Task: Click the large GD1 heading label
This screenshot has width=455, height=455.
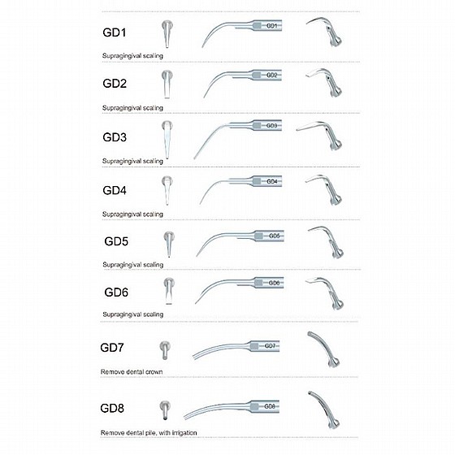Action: (x=115, y=32)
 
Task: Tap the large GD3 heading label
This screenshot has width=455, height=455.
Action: (x=115, y=137)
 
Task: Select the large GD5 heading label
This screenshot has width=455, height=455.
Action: (x=116, y=241)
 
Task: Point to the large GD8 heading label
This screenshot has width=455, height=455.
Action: (x=112, y=408)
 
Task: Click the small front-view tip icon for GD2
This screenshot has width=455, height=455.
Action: (x=167, y=84)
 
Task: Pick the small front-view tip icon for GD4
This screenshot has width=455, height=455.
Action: (x=167, y=190)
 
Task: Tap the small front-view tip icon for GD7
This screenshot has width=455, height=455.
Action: (x=165, y=350)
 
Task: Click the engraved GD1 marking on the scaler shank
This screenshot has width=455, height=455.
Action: (x=271, y=26)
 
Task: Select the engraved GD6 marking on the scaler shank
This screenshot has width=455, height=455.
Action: (x=274, y=283)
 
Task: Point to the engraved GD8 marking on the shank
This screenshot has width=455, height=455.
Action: (x=270, y=406)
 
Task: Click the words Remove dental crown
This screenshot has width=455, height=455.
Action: (x=132, y=372)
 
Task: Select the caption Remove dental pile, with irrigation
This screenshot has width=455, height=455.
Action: (x=149, y=432)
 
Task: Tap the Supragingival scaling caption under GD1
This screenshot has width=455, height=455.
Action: (x=132, y=56)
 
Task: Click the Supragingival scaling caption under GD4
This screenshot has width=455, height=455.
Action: (x=132, y=214)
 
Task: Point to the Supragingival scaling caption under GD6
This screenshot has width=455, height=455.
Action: (x=133, y=314)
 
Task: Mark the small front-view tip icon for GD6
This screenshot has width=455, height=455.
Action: (x=169, y=291)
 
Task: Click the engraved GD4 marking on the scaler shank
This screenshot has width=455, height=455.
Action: (x=272, y=182)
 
